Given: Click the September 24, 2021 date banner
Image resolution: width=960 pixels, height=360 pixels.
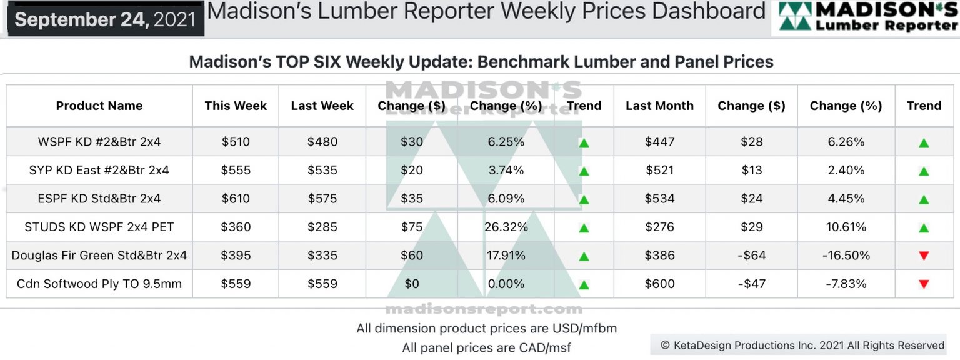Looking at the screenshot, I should (x=105, y=19).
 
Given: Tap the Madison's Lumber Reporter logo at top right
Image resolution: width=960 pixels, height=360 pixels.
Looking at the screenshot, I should (x=866, y=17).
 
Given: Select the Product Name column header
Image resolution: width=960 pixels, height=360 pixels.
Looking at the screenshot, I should (x=99, y=106).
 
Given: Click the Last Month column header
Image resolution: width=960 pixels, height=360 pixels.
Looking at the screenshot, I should (x=659, y=106).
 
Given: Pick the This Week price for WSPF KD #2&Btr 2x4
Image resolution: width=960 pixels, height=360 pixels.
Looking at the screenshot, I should (x=236, y=142).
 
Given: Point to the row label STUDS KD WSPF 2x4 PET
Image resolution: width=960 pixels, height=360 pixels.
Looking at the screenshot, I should (x=99, y=227).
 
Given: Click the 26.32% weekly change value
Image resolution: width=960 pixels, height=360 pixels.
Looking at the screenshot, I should (x=506, y=227).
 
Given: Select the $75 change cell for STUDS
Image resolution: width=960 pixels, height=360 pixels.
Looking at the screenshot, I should (x=412, y=227).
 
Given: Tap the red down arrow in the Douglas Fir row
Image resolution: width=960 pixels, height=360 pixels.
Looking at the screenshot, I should (x=924, y=256).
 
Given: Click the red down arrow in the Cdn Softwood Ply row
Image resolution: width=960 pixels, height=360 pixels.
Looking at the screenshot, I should (x=924, y=284).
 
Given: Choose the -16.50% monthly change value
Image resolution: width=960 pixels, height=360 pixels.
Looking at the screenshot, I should (x=846, y=256).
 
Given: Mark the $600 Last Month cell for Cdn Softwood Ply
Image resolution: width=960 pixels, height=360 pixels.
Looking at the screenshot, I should (x=659, y=284).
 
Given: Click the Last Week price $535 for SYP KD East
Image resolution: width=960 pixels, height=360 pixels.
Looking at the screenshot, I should (x=322, y=170).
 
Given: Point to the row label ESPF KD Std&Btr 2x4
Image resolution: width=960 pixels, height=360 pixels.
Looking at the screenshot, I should (x=99, y=199).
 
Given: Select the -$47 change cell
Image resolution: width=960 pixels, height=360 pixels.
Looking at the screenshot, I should (x=751, y=284).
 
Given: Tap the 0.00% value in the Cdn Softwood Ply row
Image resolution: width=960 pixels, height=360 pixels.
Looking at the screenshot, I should (x=506, y=284).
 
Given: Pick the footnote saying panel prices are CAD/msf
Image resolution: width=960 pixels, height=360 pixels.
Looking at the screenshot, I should (x=486, y=347).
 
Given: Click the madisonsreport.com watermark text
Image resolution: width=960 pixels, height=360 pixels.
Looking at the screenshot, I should (x=484, y=309).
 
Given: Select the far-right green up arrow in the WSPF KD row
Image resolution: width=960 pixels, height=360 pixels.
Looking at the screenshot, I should (x=924, y=142).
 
